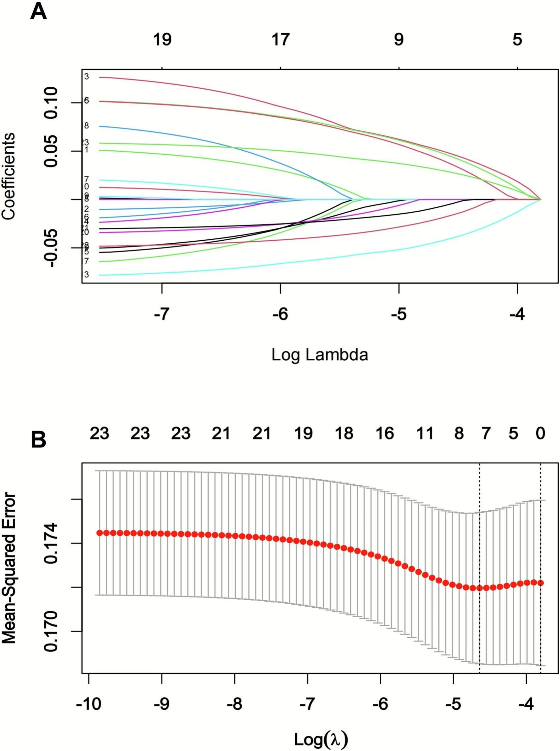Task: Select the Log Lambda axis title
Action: pos(320,355)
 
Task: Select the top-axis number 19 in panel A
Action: pos(162,40)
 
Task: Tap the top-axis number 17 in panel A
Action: pos(280,40)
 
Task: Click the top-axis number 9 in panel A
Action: pos(398,40)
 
